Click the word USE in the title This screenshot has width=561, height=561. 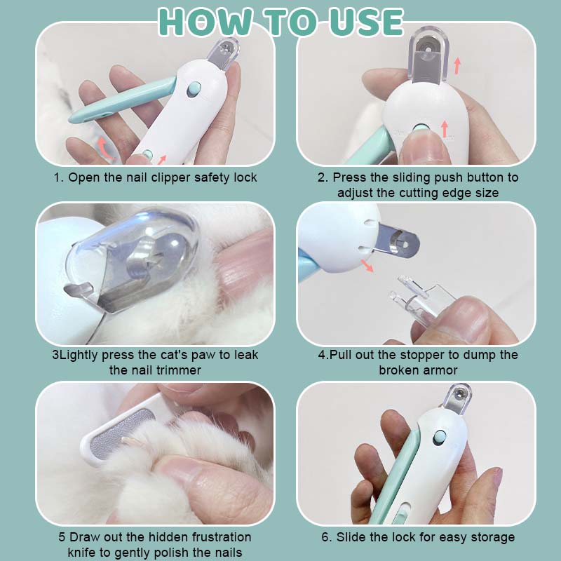[x=366, y=22]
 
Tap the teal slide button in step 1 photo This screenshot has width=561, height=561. [x=194, y=89]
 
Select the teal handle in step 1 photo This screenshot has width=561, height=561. [x=121, y=100]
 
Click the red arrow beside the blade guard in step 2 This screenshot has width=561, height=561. [x=457, y=66]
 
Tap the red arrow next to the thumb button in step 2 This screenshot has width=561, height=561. [x=445, y=129]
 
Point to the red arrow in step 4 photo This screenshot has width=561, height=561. [x=367, y=266]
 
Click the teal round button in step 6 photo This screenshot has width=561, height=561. [x=440, y=438]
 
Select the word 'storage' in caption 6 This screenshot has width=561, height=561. [x=493, y=537]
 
